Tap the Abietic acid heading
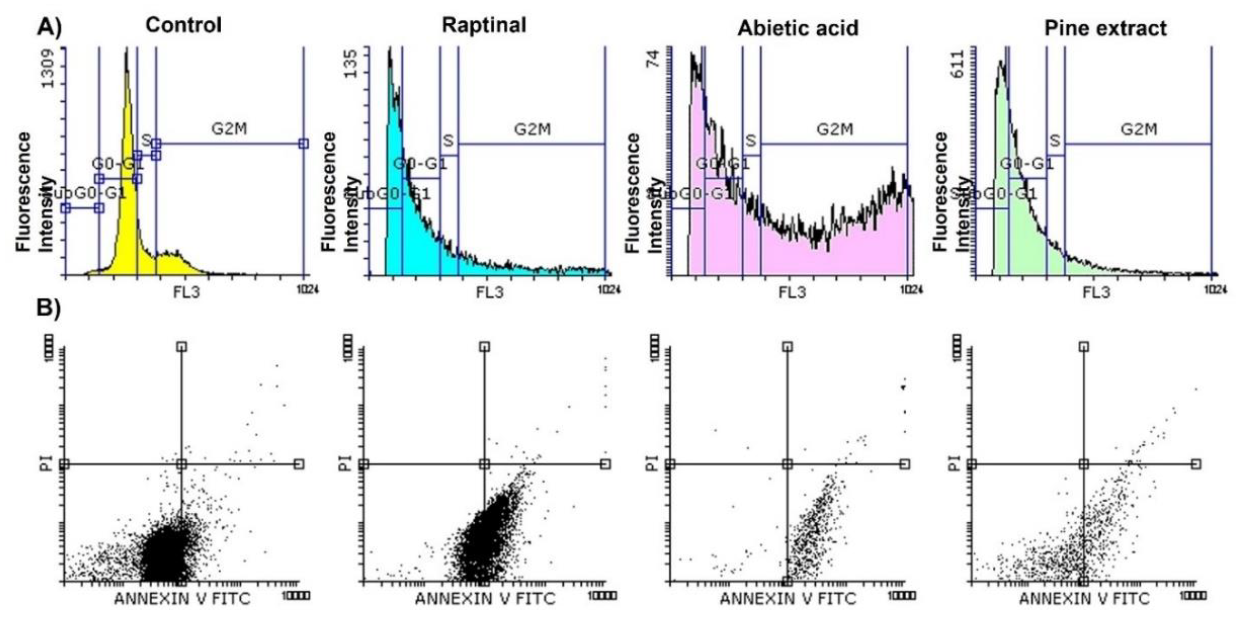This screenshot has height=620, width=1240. click(798, 28)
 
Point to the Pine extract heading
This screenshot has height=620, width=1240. click(1105, 28)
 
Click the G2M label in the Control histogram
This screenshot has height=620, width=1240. click(229, 129)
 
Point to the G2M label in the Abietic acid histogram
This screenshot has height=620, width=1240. click(835, 129)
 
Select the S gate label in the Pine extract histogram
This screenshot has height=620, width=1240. click(1054, 141)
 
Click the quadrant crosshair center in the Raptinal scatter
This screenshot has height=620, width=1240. click(484, 464)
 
